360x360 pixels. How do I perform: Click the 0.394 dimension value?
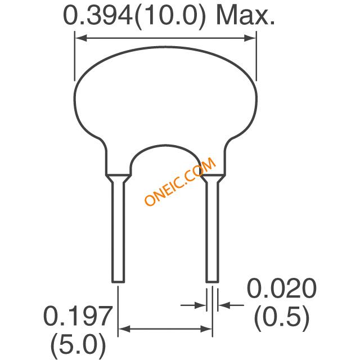point(98,16)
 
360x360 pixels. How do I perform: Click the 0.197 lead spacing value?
point(78,316)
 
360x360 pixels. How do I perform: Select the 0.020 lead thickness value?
point(282,288)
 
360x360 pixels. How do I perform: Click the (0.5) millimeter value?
point(282,318)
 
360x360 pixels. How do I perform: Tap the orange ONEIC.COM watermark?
point(180,181)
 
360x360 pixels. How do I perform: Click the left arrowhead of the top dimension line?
point(81,38)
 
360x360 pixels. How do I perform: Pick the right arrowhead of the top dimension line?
point(250,38)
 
